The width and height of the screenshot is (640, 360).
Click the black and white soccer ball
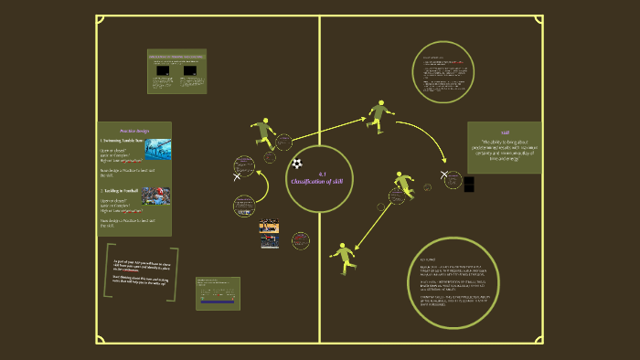297,164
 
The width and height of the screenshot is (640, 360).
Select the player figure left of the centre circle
263,132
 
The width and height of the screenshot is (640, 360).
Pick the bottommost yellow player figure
343,258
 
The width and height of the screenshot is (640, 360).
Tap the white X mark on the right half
445,174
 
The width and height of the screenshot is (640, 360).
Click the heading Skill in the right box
505,132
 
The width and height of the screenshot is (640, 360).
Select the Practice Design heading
133,131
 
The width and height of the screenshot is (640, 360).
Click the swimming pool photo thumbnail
158,150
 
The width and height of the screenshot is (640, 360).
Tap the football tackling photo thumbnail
158,200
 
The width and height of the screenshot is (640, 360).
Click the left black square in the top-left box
163,70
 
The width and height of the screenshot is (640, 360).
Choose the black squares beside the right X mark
469,184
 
